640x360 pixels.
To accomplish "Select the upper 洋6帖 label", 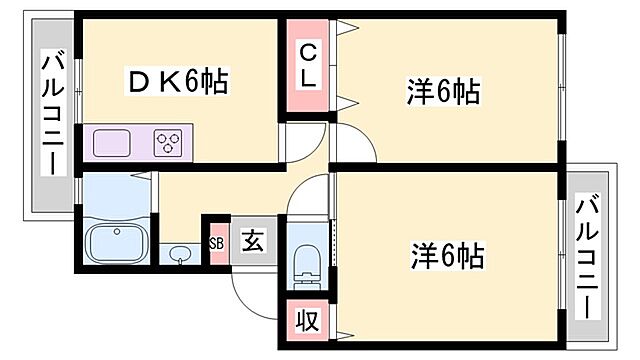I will pos(443,92).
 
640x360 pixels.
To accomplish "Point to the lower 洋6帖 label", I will pos(446,256).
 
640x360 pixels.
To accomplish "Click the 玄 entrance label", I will pos(253,242).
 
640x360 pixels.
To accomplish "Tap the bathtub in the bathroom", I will pos(117,243).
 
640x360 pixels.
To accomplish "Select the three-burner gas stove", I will pos(169,142).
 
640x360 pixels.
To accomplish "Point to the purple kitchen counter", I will pos(135,142).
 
